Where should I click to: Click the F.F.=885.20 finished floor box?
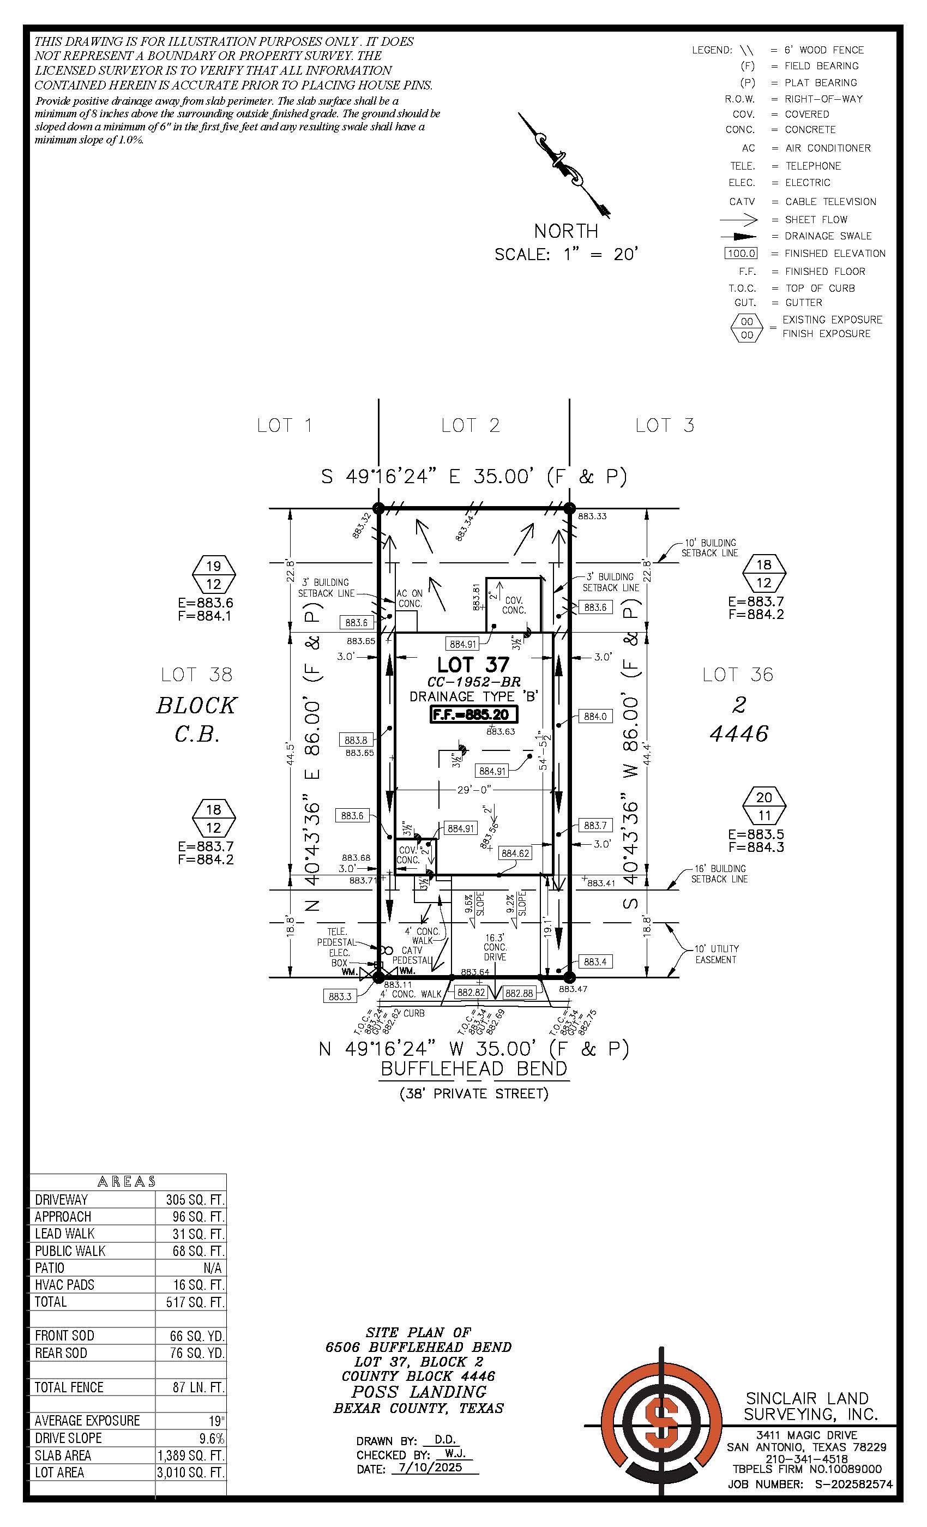click(x=474, y=714)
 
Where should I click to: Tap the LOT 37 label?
click(x=473, y=665)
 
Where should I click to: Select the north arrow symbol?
click(x=564, y=165)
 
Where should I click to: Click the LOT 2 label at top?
click(x=470, y=425)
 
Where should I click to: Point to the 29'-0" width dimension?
click(x=473, y=790)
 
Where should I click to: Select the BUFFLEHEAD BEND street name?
click(x=473, y=1068)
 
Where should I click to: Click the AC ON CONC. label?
click(x=410, y=599)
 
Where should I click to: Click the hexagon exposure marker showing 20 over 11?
click(x=764, y=806)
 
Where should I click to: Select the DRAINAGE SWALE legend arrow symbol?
click(x=739, y=236)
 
